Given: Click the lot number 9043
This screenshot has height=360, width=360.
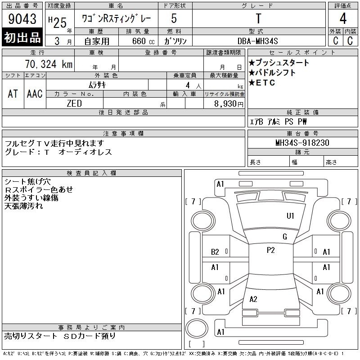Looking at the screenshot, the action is (x=22, y=18).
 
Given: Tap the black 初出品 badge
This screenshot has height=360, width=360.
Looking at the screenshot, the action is (x=22, y=37).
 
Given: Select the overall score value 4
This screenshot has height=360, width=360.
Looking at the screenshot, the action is (x=343, y=18).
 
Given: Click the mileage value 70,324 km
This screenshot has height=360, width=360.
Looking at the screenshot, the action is (x=49, y=64).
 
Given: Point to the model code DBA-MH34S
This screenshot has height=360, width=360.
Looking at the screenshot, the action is (x=257, y=41).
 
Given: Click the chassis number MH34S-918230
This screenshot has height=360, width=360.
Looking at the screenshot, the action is (x=302, y=143).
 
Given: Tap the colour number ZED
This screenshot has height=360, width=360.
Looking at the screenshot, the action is (x=74, y=103).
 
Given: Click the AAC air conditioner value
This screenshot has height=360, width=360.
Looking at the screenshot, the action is (x=35, y=94).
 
